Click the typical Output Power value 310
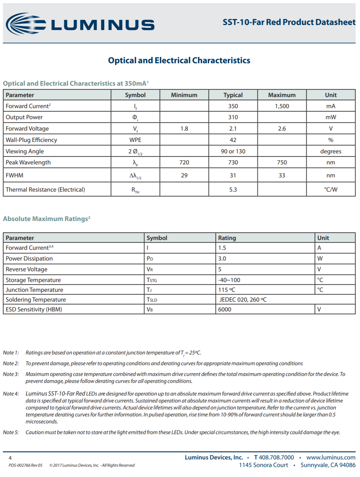[233, 117]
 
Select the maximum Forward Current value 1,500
[282, 106]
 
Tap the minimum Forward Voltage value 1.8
[184, 129]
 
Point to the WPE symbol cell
[135, 140]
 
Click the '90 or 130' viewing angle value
[233, 151]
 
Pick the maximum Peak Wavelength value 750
[282, 162]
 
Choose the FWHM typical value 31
[233, 175]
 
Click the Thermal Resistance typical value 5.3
[233, 190]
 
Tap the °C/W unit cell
[331, 190]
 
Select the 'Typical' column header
[233, 95]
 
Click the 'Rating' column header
[227, 238]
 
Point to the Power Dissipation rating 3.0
[222, 259]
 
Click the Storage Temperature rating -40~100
[229, 280]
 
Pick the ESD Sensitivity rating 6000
[225, 309]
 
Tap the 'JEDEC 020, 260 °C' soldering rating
[243, 300]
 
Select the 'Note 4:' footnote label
[11, 394]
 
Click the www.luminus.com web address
[331, 457]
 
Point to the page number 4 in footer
[10, 458]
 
